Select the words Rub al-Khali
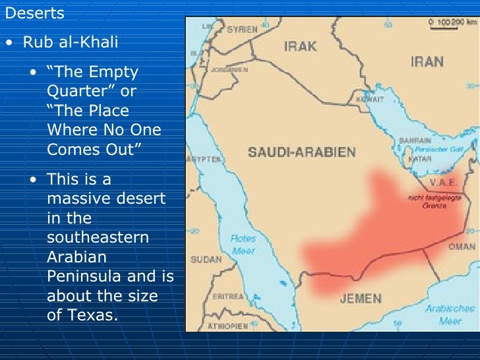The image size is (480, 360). [x=71, y=43]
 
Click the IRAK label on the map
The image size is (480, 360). [x=300, y=46]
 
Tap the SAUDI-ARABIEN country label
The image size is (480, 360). [x=301, y=152]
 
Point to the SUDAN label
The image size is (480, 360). [x=206, y=259]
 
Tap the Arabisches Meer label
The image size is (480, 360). [x=450, y=315]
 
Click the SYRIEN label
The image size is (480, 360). [x=242, y=30]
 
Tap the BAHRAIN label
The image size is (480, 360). [x=414, y=140]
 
